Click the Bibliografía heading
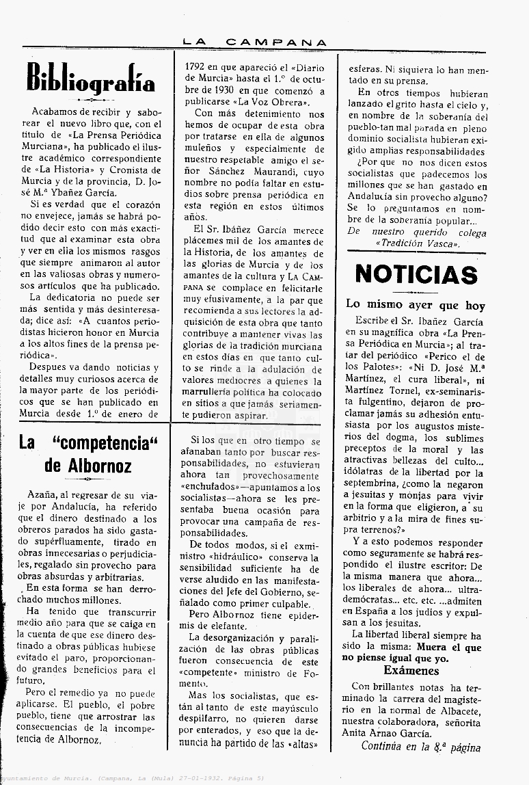(91, 77)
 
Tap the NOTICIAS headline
(416, 274)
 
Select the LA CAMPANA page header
(255, 42)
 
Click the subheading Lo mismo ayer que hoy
(416, 305)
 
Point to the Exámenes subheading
(411, 671)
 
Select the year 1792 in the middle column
(200, 68)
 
